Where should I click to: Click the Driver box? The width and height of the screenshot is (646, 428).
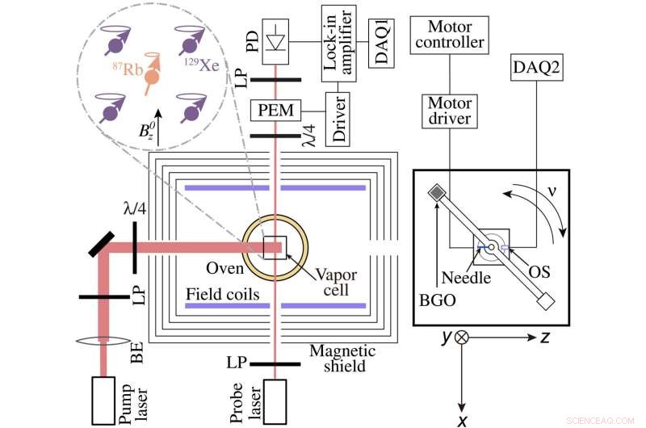(x=338, y=119)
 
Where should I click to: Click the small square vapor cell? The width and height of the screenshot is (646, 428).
(x=275, y=247)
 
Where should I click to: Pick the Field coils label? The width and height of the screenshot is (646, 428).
(x=223, y=294)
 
